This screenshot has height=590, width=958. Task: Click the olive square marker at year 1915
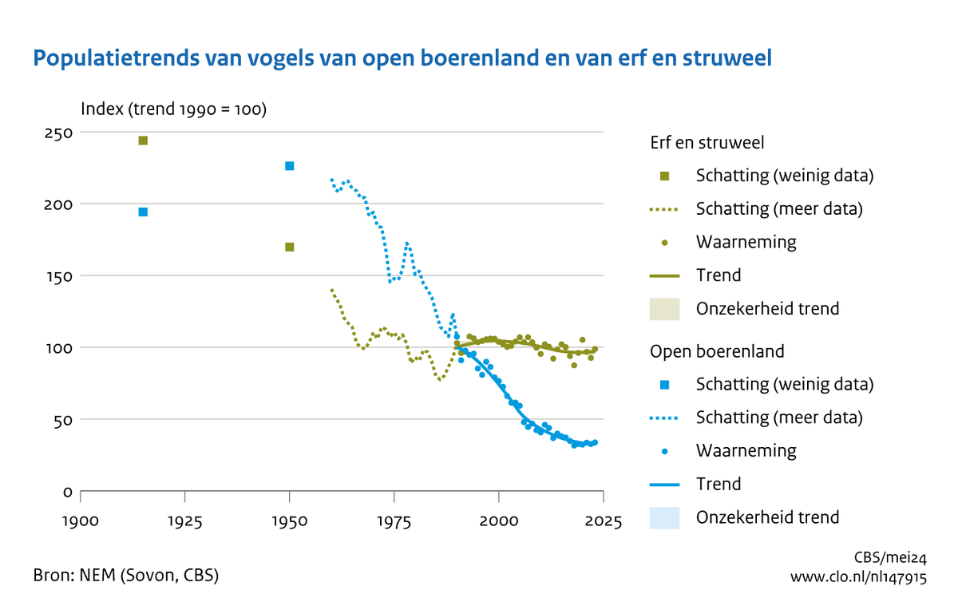143,141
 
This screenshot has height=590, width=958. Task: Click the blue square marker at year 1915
143,212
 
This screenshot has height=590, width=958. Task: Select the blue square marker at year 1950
290,166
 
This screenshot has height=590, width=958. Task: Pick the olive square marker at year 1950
290,247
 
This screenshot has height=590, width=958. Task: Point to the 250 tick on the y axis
58,133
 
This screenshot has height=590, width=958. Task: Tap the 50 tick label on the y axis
62,419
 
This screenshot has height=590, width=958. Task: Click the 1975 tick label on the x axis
394,521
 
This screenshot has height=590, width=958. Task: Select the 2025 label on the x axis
604,521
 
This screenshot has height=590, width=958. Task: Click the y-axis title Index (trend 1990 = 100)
173,109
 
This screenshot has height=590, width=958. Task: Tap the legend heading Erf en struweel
705,142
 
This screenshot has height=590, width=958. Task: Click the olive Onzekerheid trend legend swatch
664,308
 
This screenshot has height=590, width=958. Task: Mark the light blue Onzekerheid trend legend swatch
664,517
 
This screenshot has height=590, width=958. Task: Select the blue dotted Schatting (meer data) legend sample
664,418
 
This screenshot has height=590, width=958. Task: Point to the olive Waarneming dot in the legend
664,242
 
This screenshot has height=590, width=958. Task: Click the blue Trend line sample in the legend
664,484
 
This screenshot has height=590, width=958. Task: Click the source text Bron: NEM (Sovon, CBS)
126,575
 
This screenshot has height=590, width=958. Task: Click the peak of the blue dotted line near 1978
407,244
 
